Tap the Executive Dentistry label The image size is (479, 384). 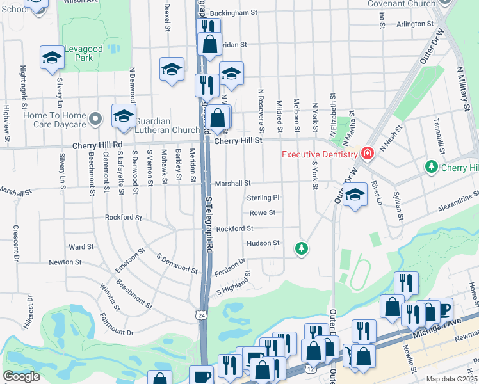320,154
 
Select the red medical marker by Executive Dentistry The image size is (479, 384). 367,154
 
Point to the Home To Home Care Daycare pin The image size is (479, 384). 95,118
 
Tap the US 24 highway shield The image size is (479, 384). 202,315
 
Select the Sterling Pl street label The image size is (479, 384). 264,198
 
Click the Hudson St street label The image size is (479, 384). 263,243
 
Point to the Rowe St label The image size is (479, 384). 263,212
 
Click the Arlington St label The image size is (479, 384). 415,24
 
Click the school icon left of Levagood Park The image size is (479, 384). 51,58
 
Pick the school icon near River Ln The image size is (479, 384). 355,196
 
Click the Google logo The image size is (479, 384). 21,376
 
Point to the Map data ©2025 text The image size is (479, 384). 451,379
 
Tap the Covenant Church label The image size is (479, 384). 402,4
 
